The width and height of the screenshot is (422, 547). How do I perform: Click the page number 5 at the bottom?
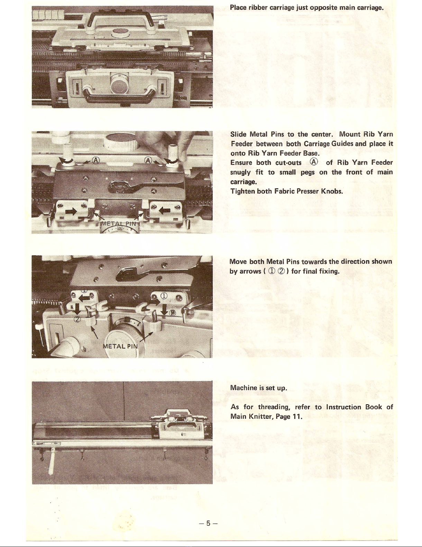(208, 524)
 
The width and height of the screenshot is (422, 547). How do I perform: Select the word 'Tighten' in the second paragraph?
(242, 191)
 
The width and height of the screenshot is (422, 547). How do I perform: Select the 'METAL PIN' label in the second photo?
(119, 224)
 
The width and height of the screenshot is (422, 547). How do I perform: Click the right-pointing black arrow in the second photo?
(71, 211)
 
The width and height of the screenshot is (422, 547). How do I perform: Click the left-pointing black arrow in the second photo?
(165, 210)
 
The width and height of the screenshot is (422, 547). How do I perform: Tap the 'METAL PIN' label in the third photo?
(120, 346)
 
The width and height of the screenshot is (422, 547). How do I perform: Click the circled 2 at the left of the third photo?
(77, 319)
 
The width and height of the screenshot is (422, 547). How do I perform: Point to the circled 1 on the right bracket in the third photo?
(164, 296)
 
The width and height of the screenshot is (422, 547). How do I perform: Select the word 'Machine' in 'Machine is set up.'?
(244, 388)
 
